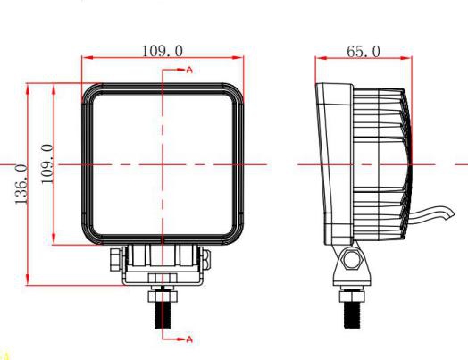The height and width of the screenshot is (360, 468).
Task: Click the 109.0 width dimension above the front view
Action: [x=163, y=50]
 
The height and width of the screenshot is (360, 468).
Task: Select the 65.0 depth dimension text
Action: [x=363, y=51]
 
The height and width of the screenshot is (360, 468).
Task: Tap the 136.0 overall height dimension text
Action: [x=21, y=183]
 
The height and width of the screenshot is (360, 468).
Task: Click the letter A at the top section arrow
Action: [x=189, y=69]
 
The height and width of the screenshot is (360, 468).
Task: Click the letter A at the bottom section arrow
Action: [x=189, y=339]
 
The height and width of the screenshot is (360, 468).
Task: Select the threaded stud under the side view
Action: [x=350, y=314]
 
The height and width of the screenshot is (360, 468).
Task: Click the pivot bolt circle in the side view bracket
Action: [x=350, y=261]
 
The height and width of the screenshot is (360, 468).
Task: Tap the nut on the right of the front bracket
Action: [x=209, y=261]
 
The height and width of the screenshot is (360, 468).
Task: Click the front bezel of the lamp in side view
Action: [x=330, y=165]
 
